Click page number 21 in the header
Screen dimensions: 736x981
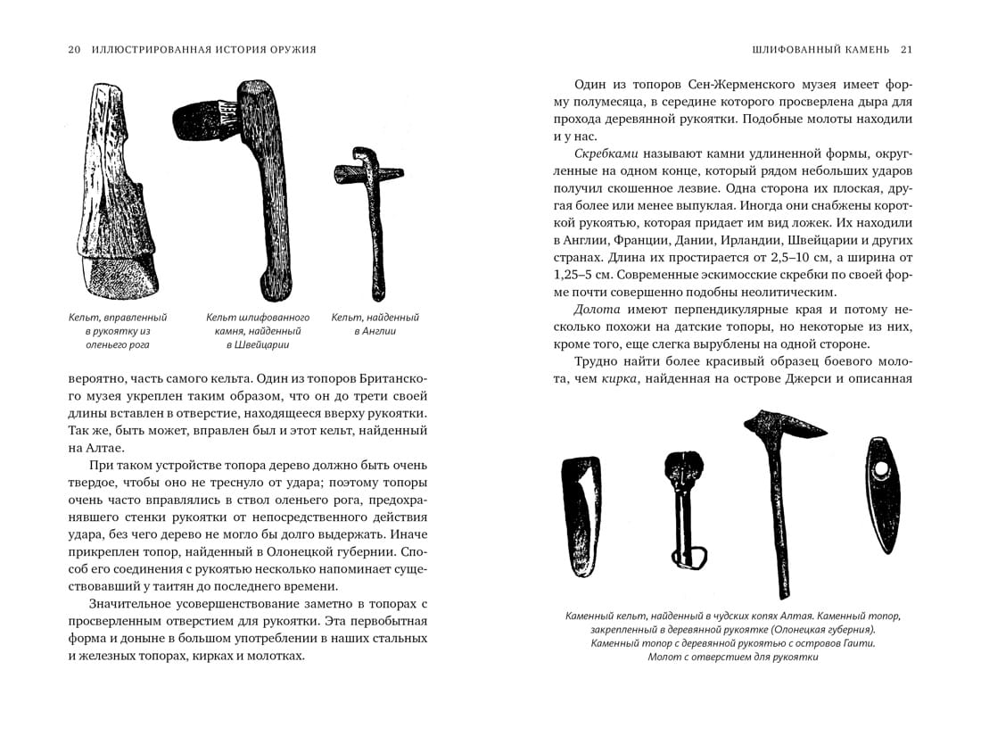[x=906, y=49]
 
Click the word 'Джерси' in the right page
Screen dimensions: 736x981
[x=803, y=378]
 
